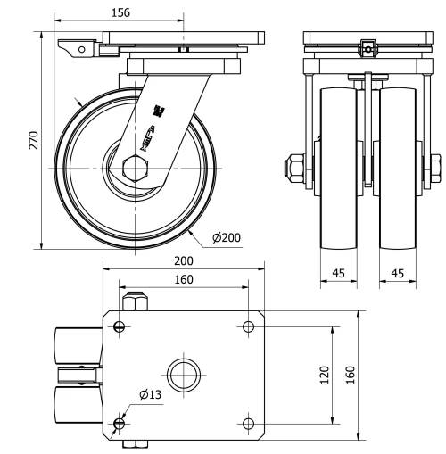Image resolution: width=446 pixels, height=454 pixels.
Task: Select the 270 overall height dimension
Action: [x=33, y=140]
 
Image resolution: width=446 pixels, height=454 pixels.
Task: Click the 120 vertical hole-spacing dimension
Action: [x=326, y=374]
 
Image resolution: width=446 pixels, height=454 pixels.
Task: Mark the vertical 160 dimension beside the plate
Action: [x=351, y=374]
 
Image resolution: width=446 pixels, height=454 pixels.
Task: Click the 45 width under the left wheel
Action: [x=340, y=274]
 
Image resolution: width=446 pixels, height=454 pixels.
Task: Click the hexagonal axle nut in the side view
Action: [x=134, y=168]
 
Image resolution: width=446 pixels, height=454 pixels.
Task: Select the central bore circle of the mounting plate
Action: [x=185, y=374]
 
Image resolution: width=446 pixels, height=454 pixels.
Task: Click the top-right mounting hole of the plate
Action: [x=249, y=327]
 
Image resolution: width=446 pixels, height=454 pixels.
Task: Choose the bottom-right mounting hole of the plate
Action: [x=249, y=421]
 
